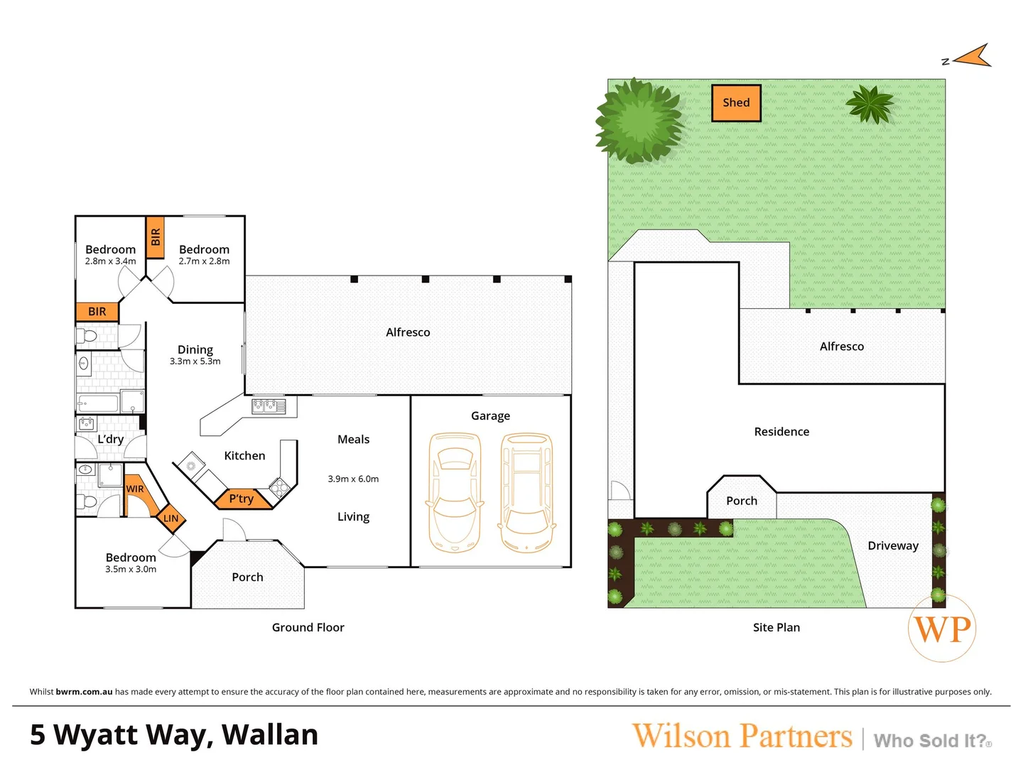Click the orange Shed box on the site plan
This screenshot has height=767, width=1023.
coord(736,103)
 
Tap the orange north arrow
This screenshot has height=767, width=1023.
coord(973,57)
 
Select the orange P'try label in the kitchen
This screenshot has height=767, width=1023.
coord(242,499)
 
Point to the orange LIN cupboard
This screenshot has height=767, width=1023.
coord(171,518)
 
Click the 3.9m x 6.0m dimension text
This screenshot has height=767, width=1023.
coord(353,479)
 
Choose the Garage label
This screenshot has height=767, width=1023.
coord(490,416)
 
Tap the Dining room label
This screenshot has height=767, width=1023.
coord(195,349)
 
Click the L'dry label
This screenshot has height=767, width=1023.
coord(111,439)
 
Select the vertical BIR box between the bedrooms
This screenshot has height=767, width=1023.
coord(155,237)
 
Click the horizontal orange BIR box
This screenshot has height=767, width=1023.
coord(97,312)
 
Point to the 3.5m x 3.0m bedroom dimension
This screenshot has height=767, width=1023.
coord(131,570)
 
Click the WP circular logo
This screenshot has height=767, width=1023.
coord(942,629)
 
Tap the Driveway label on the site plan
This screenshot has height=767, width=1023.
coord(893,545)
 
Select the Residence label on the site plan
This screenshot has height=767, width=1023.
coord(781,432)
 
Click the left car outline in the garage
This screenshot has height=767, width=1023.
coord(455,492)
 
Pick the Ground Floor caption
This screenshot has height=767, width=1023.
coord(308,628)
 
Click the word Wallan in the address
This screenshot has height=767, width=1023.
coord(270,735)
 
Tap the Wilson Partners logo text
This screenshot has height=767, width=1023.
coord(742,736)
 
